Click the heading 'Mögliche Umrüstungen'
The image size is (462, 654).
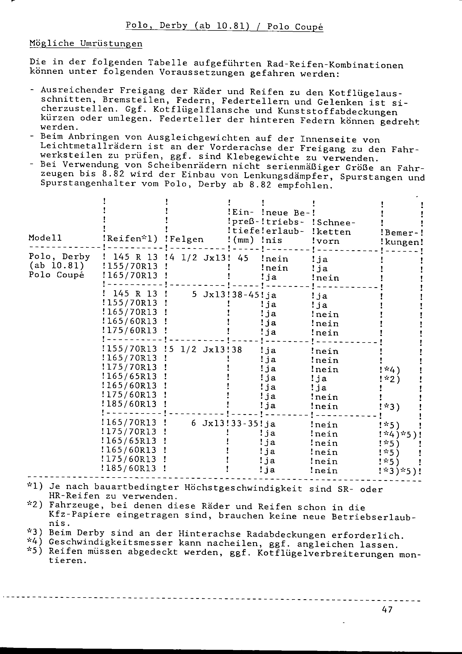click(x=86, y=44)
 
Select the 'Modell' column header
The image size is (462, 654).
click(x=45, y=238)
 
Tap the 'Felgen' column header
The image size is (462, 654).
click(x=186, y=239)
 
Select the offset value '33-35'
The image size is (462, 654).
click(x=244, y=424)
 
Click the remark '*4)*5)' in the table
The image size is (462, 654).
click(x=399, y=435)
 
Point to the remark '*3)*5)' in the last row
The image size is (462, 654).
click(x=399, y=471)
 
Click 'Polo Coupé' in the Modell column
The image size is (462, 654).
click(x=56, y=275)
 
